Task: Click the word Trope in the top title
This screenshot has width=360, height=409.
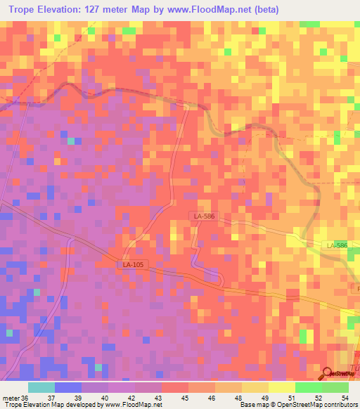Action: tap(28, 10)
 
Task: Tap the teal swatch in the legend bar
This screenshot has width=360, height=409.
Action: tap(41, 387)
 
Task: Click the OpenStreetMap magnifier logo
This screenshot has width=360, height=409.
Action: tap(328, 372)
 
